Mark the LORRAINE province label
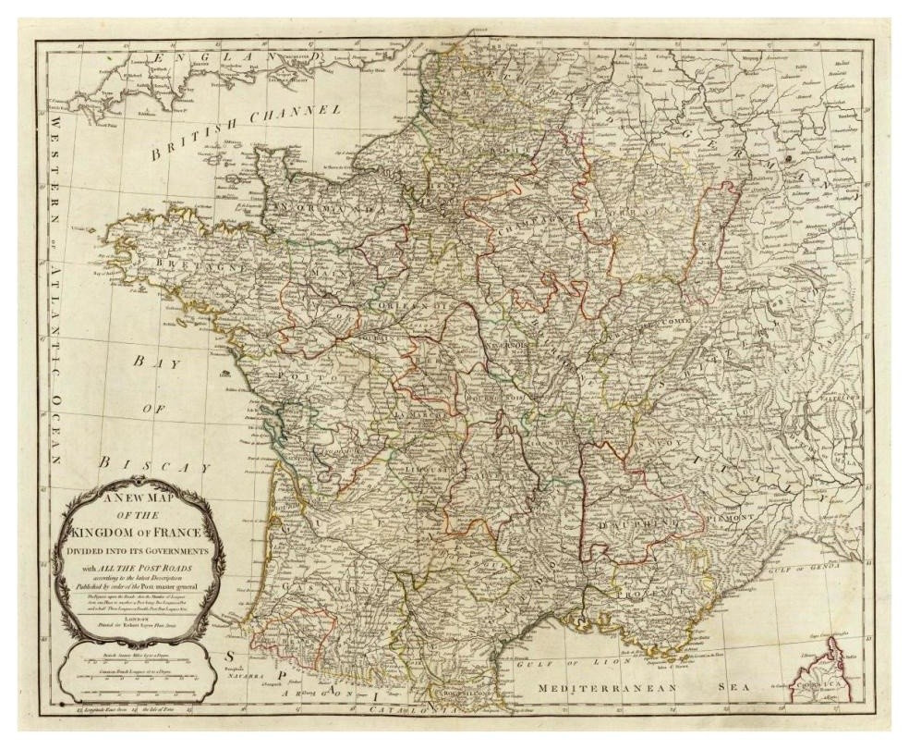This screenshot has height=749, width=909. click(636, 214)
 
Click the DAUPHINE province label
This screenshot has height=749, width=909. click(639, 526)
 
